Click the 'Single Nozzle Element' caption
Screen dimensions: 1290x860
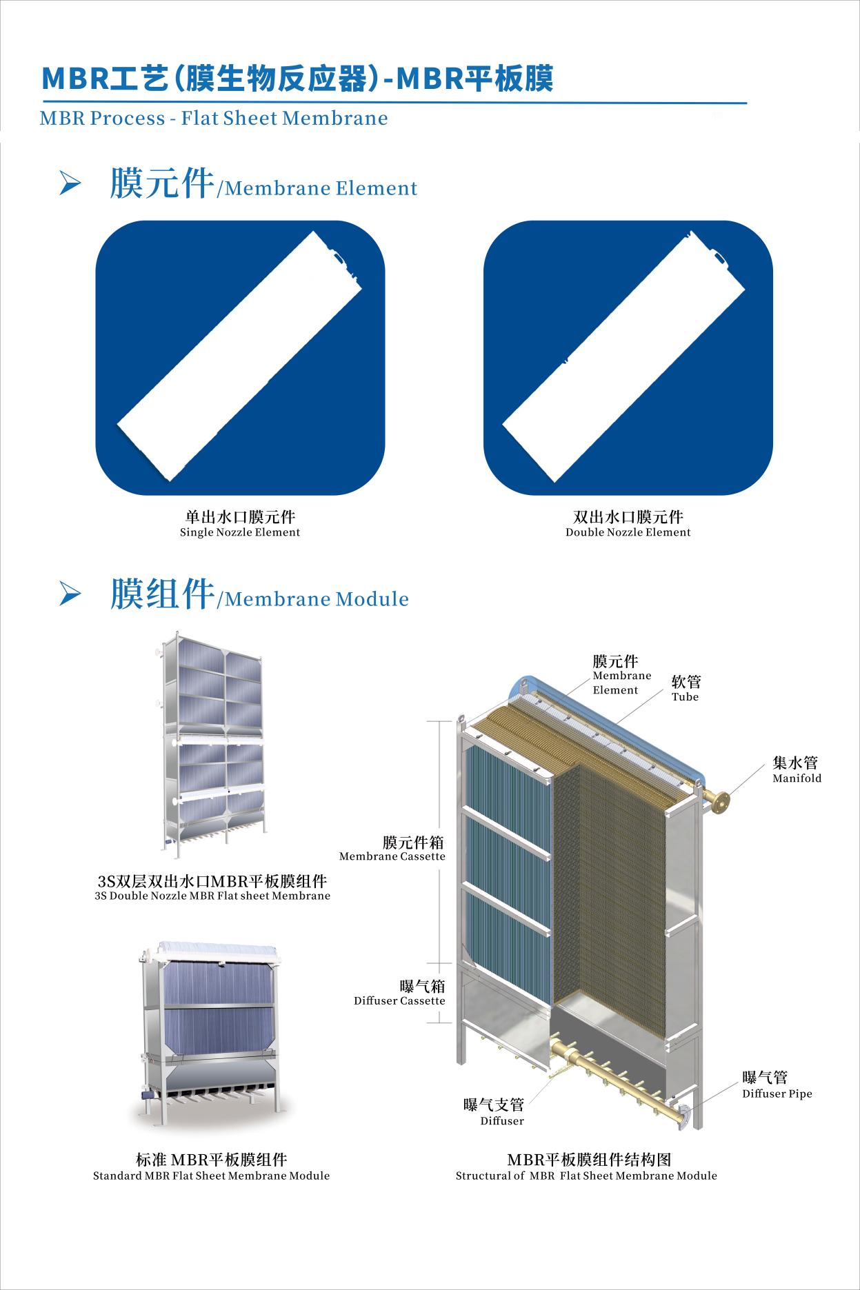click(x=240, y=532)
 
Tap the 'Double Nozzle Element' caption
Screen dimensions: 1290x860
click(x=628, y=532)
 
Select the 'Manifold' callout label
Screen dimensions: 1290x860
click(x=797, y=778)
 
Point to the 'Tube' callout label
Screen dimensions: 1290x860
click(x=685, y=697)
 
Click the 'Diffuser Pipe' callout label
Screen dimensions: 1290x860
click(x=777, y=1094)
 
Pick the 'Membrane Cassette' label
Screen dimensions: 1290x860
click(x=392, y=856)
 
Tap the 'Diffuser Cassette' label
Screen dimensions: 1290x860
click(x=399, y=1000)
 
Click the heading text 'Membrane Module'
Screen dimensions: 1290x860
click(x=317, y=598)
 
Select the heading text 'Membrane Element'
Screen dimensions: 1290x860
click(x=321, y=188)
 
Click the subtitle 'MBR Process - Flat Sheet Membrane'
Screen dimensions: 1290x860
click(x=214, y=118)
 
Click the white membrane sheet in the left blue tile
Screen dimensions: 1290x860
click(x=240, y=357)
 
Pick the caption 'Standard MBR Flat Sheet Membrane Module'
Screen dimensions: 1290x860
click(x=211, y=1176)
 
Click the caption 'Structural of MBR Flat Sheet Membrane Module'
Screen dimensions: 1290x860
click(x=586, y=1176)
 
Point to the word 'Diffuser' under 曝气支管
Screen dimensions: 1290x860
click(x=502, y=1121)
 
